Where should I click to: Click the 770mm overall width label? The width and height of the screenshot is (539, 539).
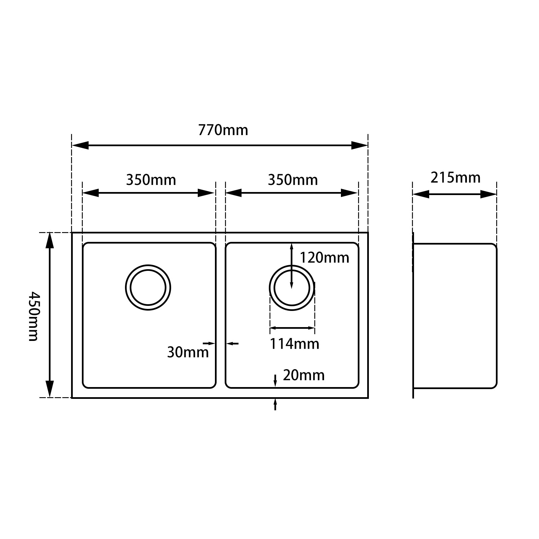coord(223,130)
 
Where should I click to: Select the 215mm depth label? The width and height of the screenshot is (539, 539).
coord(455,178)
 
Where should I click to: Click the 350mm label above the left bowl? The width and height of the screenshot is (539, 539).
coord(151,180)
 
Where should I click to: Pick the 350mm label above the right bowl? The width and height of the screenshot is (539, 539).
coord(293,180)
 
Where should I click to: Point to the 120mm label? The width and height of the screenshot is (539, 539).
coord(324,258)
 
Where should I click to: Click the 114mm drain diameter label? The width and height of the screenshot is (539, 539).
coord(294,344)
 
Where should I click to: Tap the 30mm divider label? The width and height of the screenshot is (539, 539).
coord(188,352)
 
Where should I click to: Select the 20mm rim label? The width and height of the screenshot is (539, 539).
coord(304,375)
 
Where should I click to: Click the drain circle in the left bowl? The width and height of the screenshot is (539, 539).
coord(148,287)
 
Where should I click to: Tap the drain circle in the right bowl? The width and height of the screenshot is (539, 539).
coord(292,288)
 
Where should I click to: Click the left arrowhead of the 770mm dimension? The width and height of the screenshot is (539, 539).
coord(80,146)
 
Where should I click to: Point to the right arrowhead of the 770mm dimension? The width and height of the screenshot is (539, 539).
coord(359,146)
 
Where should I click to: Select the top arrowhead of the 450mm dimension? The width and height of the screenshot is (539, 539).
coord(50,241)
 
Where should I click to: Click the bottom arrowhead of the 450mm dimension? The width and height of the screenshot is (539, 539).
coord(50,389)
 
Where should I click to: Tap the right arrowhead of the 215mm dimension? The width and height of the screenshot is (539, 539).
coord(488,194)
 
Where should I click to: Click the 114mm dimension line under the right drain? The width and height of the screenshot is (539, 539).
coord(292,327)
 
